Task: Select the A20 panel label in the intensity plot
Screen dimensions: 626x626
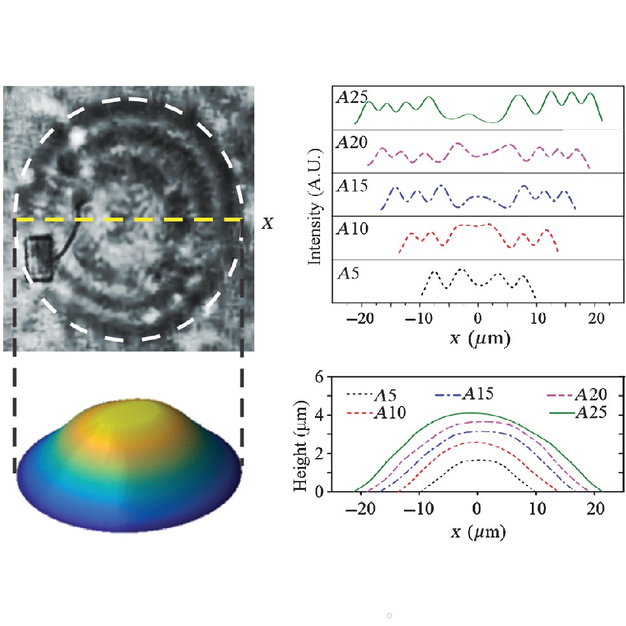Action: point(351,143)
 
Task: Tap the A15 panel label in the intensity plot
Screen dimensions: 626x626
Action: point(351,186)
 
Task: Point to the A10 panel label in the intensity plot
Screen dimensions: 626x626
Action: point(351,230)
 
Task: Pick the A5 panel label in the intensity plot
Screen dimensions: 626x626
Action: point(347,274)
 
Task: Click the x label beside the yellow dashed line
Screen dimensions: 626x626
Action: point(268,223)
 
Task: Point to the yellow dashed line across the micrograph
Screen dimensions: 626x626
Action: point(127,219)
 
